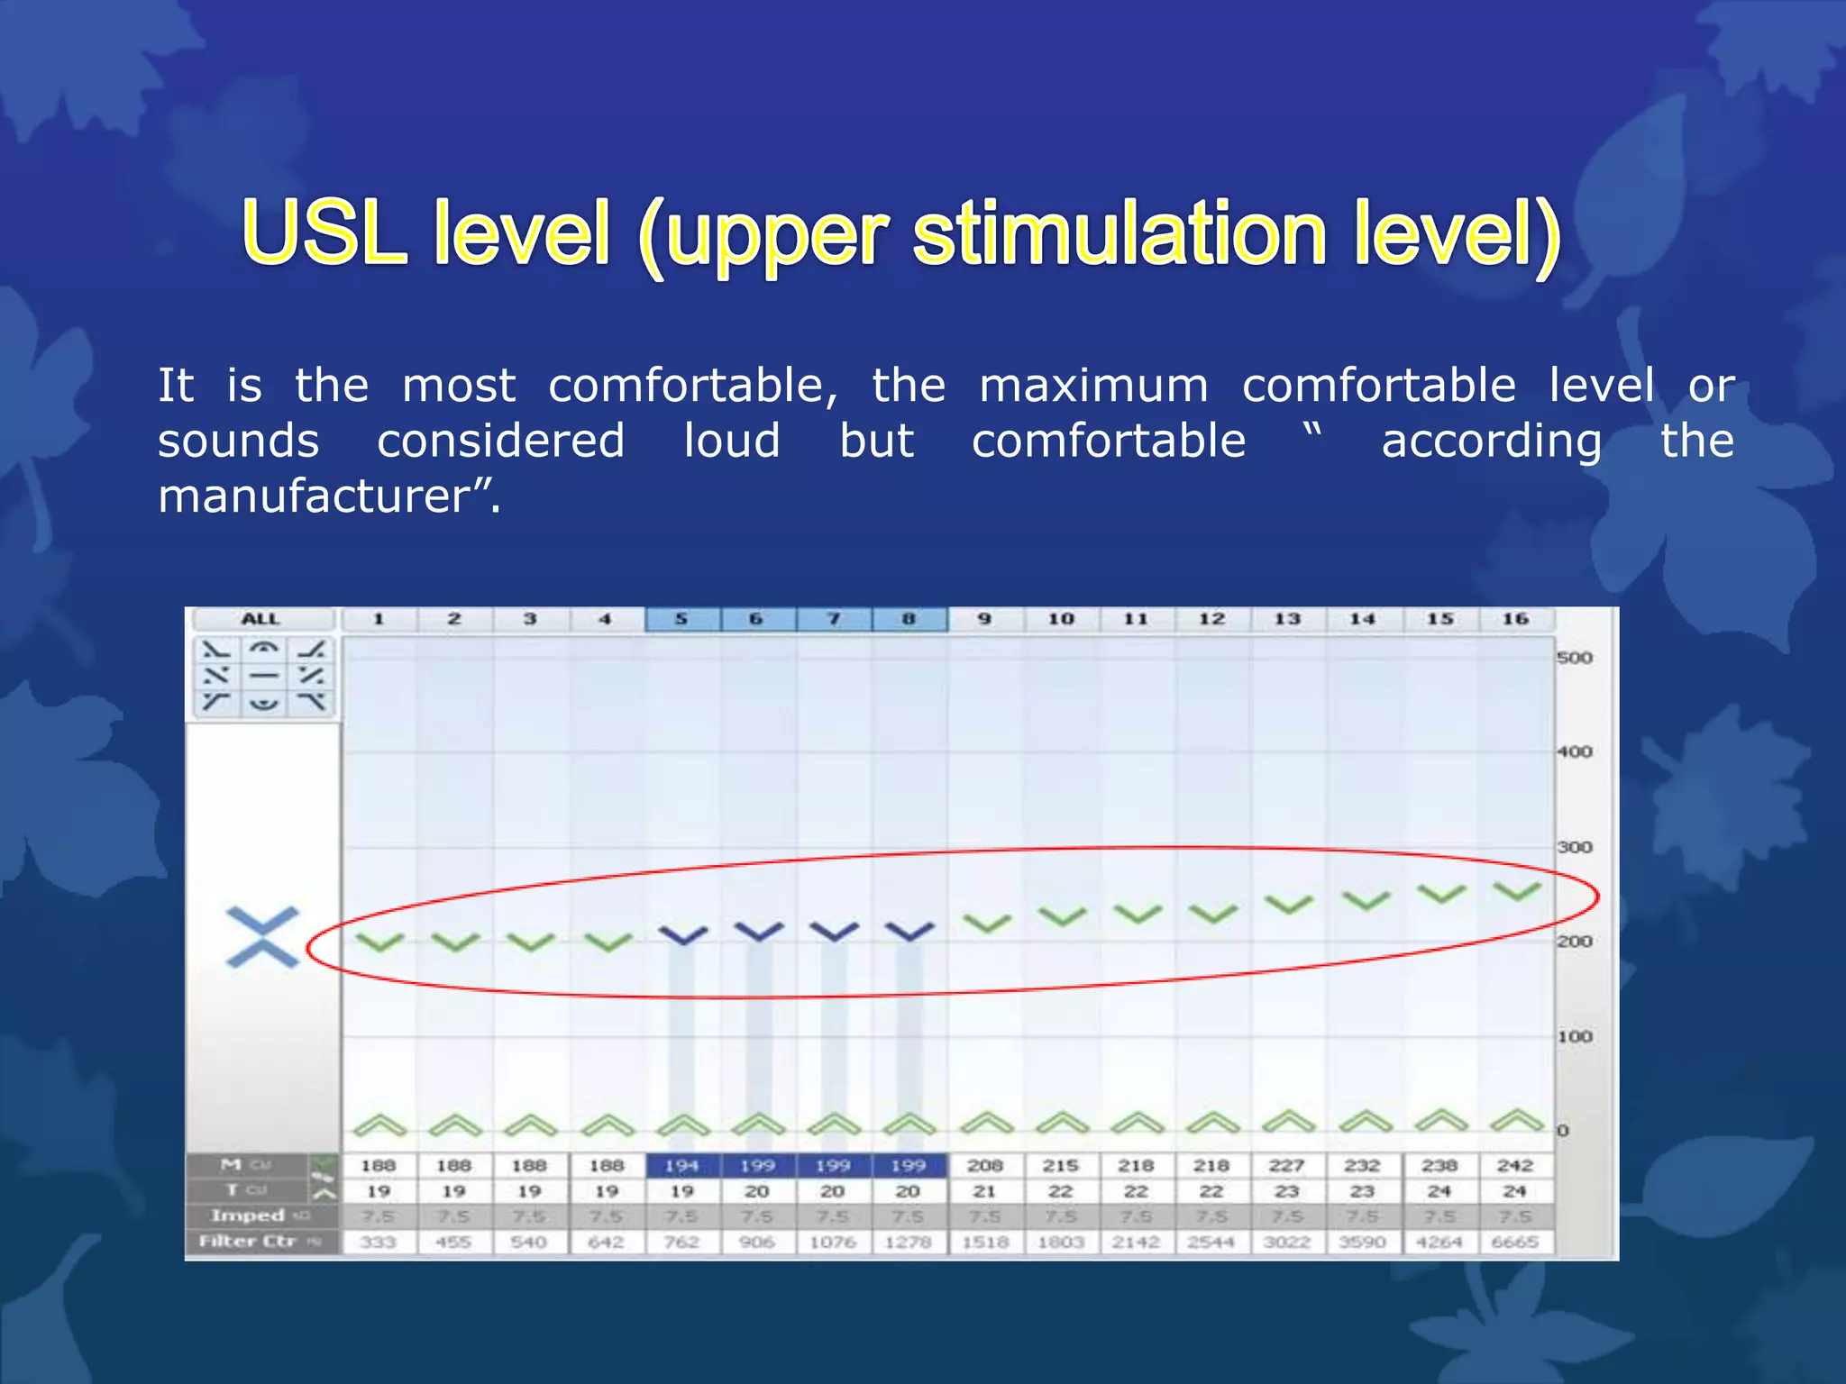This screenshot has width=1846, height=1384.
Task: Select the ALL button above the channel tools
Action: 260,619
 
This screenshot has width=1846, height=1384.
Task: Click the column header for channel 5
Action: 681,619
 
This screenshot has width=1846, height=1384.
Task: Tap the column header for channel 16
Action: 1515,619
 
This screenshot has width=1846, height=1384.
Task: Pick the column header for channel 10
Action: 1061,619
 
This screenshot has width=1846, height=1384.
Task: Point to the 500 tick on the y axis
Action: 1574,658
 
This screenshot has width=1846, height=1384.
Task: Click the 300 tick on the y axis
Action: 1574,847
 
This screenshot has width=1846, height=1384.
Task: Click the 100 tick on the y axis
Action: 1574,1036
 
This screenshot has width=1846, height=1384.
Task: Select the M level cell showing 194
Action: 681,1166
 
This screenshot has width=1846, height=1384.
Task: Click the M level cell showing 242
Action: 1515,1166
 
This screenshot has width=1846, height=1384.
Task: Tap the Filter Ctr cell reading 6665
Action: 1515,1242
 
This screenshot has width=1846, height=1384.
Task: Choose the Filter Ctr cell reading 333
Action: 379,1242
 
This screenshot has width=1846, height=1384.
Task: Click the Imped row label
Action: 249,1216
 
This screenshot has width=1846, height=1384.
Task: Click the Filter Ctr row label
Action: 249,1242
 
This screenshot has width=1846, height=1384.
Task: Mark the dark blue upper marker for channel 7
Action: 834,932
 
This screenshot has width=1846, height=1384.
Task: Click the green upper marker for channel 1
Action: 379,942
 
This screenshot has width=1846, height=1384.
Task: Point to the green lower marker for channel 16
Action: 1517,1120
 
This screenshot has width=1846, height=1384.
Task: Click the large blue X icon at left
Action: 262,937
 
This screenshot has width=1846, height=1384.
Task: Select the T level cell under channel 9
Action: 984,1191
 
